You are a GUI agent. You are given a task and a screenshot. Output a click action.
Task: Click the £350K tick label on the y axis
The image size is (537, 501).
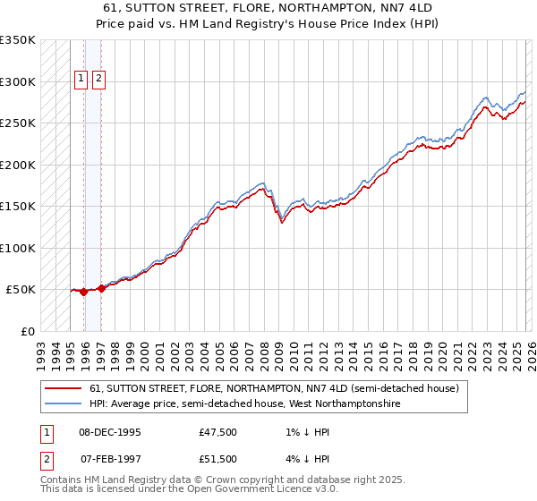pos(17,40)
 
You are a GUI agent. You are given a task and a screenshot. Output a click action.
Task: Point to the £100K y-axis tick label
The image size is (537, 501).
pos(17,248)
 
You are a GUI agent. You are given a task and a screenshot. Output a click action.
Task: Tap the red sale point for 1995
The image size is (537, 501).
pos(84,292)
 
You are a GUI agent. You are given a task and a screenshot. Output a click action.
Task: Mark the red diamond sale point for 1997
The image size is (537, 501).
pos(101,288)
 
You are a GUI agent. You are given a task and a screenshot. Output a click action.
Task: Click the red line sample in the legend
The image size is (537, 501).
pos(64,388)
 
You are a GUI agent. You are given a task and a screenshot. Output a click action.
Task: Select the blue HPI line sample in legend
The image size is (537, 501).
pos(64,403)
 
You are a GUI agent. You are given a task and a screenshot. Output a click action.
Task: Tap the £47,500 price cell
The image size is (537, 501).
pos(218,432)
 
